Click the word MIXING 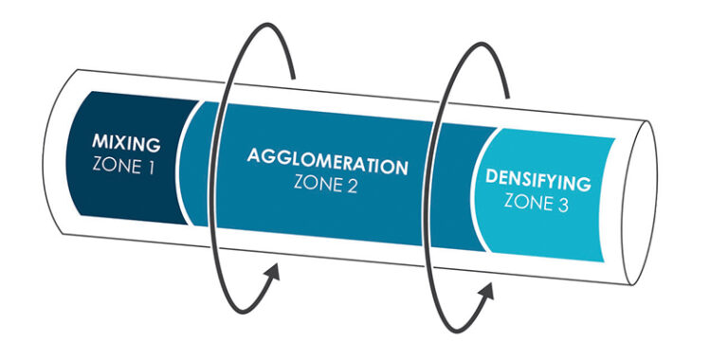point(126,145)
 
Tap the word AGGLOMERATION point(327,161)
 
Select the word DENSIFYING point(537,180)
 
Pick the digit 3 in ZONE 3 point(562,204)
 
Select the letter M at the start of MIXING point(100,143)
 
